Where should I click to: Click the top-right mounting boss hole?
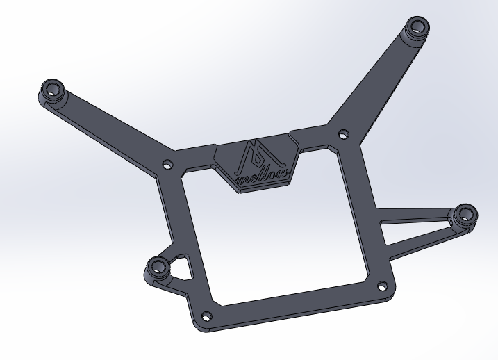click(418, 27)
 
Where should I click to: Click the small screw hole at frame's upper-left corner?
click(167, 165)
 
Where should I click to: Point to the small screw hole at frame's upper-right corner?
click(341, 133)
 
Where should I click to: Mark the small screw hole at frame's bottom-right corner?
click(381, 285)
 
